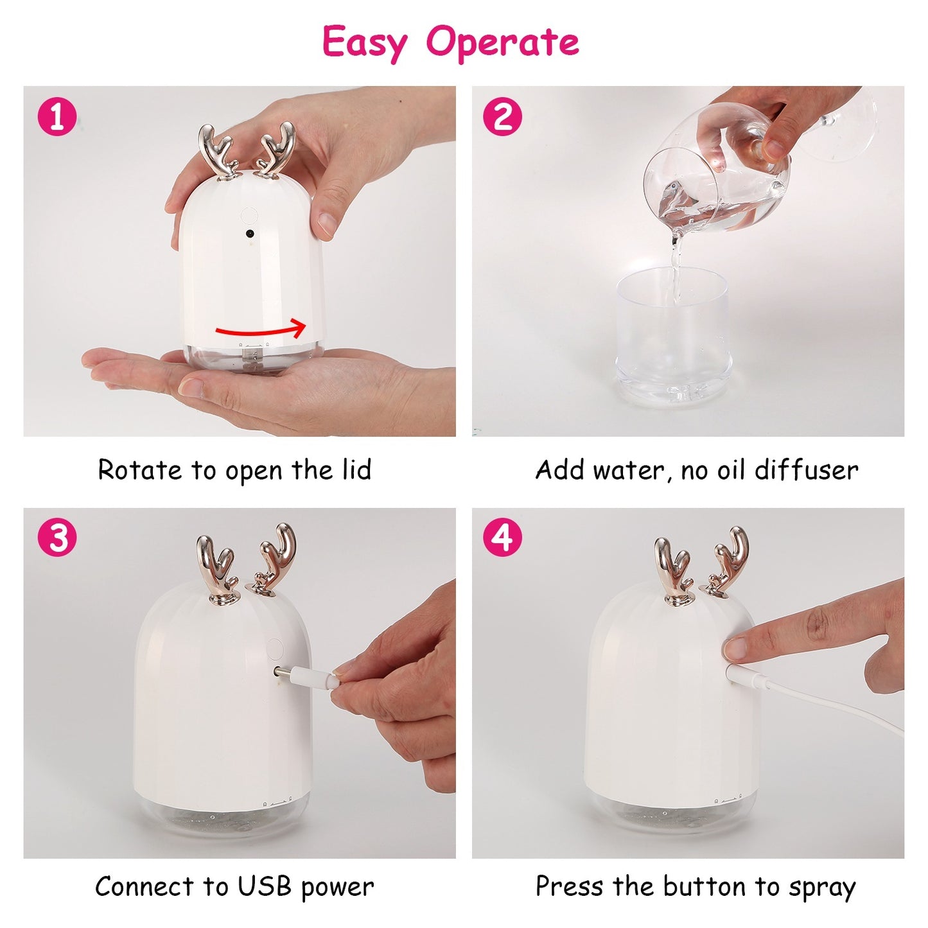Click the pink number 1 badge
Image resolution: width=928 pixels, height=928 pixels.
pos(57,118)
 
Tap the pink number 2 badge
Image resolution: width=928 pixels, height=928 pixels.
pos(502,118)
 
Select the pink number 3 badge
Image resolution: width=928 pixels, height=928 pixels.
pos(57,538)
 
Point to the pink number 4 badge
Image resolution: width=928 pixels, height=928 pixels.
pos(502,538)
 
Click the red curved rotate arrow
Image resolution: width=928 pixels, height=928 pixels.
pos(260,330)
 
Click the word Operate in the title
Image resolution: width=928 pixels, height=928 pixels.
pos(502,42)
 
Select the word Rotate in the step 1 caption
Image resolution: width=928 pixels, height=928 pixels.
pos(139,470)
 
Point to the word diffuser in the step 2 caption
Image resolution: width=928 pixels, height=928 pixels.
pos(806,470)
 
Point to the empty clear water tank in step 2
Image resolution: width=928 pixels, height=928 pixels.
pos(672,334)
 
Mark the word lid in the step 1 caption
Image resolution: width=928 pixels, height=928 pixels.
pos(356,470)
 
